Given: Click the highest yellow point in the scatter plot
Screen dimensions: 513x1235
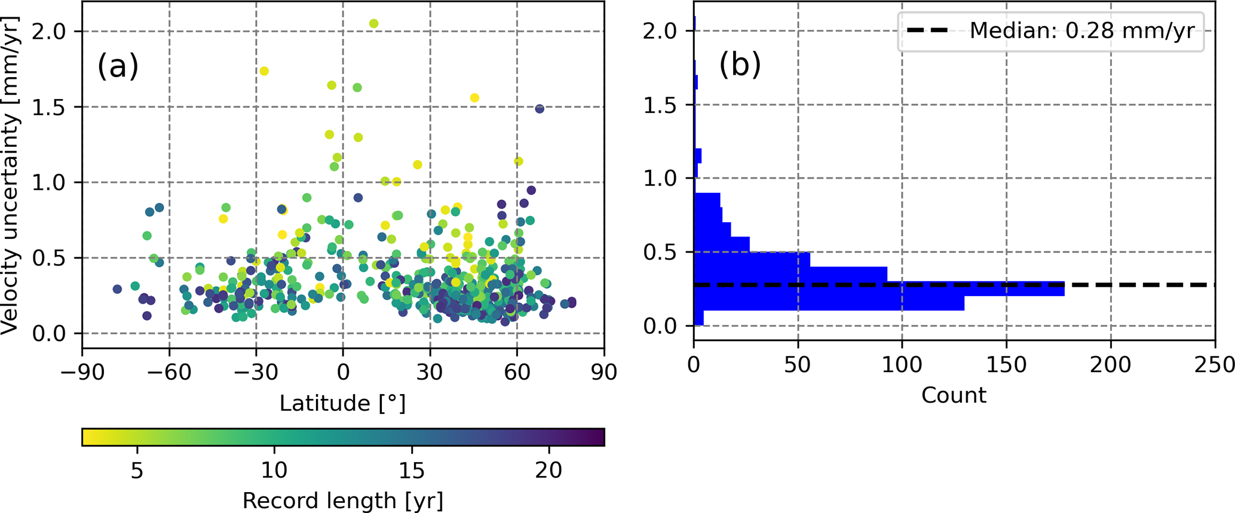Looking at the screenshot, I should click(x=373, y=24).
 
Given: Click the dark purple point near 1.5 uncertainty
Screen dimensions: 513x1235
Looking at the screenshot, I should click(x=540, y=109).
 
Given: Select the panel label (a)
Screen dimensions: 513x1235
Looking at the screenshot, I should click(x=118, y=66).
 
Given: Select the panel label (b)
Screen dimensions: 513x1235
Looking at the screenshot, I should click(x=740, y=64).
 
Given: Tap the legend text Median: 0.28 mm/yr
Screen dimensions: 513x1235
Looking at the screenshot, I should click(x=1081, y=30).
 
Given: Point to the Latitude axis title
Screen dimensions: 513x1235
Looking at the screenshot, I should click(x=342, y=404).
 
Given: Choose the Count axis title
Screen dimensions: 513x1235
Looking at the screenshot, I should click(x=954, y=395).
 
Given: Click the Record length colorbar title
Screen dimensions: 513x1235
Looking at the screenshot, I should click(x=342, y=500).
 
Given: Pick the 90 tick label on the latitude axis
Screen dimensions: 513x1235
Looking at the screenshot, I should click(x=604, y=372).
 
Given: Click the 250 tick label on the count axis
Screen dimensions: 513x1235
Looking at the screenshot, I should click(x=1215, y=365).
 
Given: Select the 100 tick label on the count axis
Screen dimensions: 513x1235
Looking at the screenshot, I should click(x=902, y=365).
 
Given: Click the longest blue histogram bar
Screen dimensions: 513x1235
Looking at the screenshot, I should click(x=878, y=288).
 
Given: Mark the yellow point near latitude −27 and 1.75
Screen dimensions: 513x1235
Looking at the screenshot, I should click(x=263, y=71).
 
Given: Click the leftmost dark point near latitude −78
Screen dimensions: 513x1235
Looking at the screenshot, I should click(x=117, y=289).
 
